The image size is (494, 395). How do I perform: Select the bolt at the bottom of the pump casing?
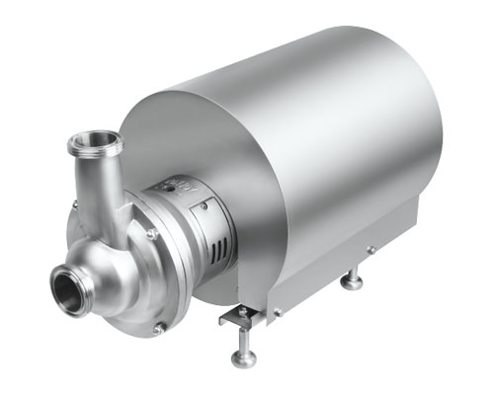158,327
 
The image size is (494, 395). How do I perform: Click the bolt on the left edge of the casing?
73,204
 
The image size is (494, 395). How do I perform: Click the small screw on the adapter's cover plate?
205,204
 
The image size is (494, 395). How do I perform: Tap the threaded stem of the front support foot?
242,341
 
